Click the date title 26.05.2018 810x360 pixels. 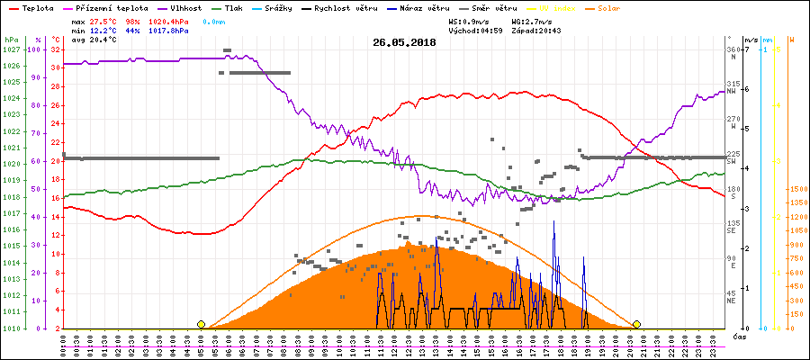pyautogui.click(x=404, y=42)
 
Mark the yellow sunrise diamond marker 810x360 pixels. pyautogui.click(x=201, y=324)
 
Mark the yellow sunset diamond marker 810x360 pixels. pyautogui.click(x=636, y=324)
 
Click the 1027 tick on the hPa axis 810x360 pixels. pyautogui.click(x=11, y=49)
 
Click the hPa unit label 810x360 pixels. pyautogui.click(x=10, y=40)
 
